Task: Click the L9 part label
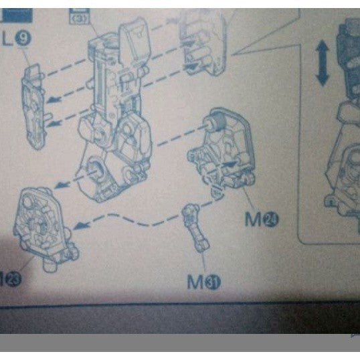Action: (19, 39)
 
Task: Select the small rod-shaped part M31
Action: (199, 228)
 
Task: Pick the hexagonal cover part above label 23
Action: (40, 224)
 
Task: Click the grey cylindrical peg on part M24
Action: (215, 122)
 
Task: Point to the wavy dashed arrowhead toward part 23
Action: (79, 226)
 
